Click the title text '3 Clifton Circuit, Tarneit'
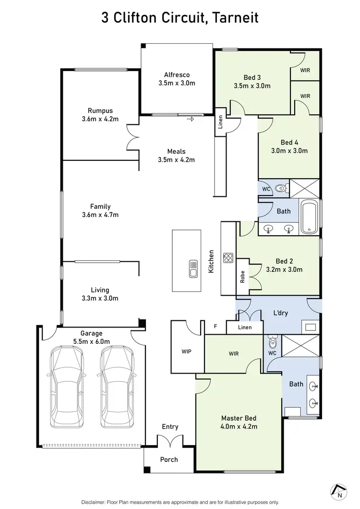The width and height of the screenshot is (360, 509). tap(180, 18)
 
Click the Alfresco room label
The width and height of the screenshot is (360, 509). tap(177, 74)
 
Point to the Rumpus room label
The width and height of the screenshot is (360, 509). tap(100, 110)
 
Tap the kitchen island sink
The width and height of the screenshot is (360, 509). tap(193, 269)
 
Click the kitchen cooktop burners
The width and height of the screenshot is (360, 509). tap(228, 258)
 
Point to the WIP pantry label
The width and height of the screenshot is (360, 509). tap(186, 351)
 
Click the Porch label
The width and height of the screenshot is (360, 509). tap(169, 460)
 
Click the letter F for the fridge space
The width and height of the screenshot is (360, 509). tap(216, 327)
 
